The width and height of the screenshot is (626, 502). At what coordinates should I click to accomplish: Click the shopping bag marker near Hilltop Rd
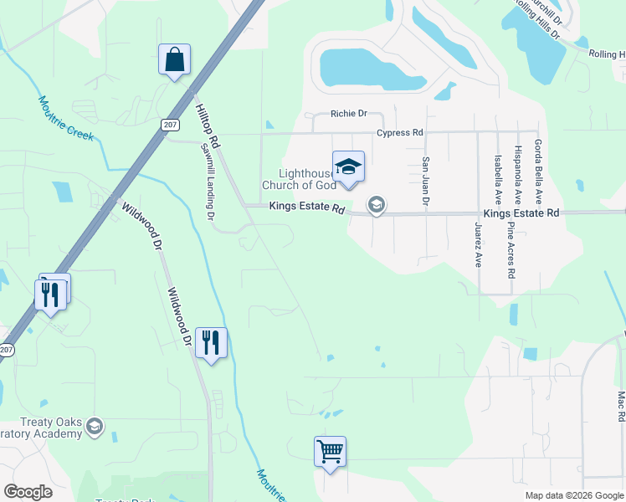[x=174, y=60]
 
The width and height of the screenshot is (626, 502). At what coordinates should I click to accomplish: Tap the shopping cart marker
[x=330, y=453]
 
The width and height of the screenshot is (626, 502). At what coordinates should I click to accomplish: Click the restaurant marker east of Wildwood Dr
[x=211, y=343]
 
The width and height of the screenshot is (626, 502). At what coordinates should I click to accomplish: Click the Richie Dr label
[x=349, y=114]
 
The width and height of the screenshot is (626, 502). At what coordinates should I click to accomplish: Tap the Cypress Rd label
[x=399, y=132]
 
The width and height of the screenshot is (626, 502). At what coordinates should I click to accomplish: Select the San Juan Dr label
[x=425, y=182]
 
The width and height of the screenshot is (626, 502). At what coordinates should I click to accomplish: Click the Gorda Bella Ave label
[x=538, y=172]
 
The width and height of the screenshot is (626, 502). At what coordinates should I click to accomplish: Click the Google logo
[x=28, y=492]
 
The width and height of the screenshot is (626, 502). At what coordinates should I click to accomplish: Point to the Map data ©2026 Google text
[x=573, y=495]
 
